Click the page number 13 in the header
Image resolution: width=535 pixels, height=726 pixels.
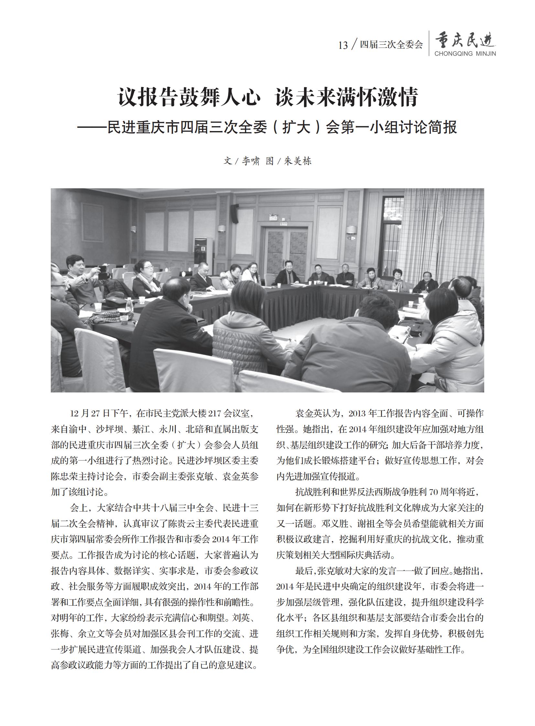(343, 45)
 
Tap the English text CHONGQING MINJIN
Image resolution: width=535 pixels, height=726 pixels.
(465, 54)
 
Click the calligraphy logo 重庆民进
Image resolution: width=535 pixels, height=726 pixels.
(465, 40)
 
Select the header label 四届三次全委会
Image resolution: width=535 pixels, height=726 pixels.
(391, 45)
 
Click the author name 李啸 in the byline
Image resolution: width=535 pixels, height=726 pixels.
(251, 161)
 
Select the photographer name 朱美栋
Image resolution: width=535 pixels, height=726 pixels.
(298, 161)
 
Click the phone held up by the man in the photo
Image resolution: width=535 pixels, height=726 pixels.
(103, 269)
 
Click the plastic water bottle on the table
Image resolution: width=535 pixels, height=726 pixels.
(129, 304)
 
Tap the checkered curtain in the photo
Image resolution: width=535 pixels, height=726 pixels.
(441, 233)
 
